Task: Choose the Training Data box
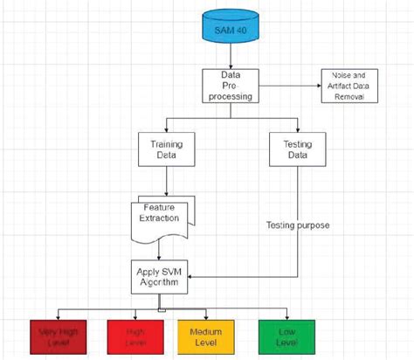[x=165, y=150]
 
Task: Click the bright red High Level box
[x=135, y=337]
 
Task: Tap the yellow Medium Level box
[x=206, y=337]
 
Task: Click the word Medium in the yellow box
[x=207, y=331]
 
